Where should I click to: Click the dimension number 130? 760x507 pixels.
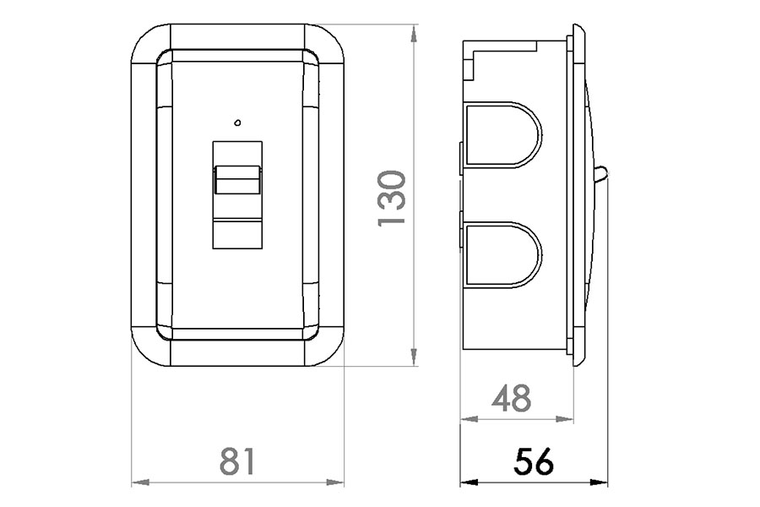pyautogui.click(x=391, y=198)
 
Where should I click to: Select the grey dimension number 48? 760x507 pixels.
pyautogui.click(x=512, y=398)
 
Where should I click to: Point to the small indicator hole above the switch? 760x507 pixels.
pyautogui.click(x=237, y=123)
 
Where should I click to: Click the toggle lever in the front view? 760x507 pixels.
pyautogui.click(x=237, y=180)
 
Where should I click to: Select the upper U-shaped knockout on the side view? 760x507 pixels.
pyautogui.click(x=502, y=135)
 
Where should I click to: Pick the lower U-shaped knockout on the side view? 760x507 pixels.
pyautogui.click(x=502, y=254)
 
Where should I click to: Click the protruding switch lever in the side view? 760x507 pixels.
pyautogui.click(x=601, y=175)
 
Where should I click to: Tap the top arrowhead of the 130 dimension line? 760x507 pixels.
pyautogui.click(x=414, y=33)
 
